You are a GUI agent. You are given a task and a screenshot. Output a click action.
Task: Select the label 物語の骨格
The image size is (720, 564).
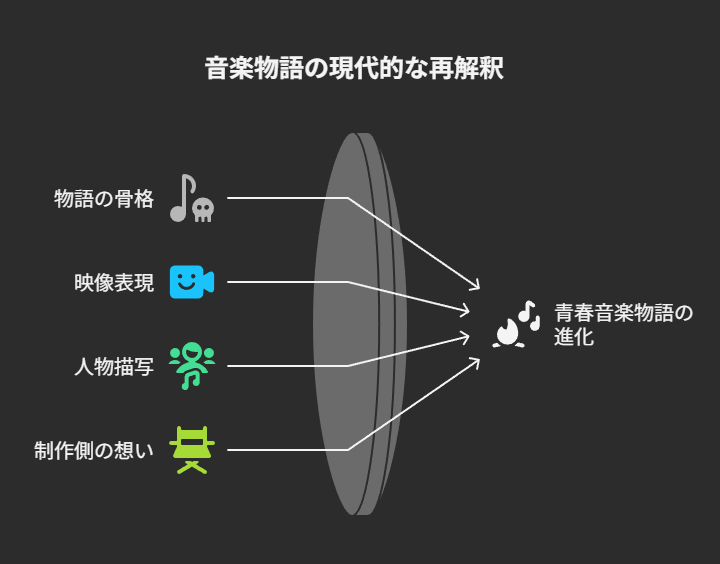tap(104, 198)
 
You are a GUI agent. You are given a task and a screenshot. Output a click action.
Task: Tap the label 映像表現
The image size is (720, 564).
tap(114, 283)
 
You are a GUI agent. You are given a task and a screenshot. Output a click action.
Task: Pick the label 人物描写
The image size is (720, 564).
tap(114, 366)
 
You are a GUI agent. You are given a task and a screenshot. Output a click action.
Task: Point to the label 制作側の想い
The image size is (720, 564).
tap(94, 450)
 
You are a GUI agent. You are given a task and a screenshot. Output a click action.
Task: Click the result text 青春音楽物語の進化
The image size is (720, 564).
tap(623, 325)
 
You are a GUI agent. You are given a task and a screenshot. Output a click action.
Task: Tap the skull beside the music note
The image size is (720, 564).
tap(203, 209)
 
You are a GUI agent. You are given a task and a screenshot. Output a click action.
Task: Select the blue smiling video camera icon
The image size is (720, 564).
tap(191, 282)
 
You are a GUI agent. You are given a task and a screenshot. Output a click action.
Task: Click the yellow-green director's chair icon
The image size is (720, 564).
tap(191, 449)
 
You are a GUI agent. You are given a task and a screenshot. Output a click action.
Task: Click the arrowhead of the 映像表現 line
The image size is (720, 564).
tap(466, 312)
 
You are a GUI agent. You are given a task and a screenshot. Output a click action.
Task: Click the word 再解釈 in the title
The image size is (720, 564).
tap(473, 69)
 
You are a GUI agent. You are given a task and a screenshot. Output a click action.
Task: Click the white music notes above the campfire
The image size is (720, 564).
tap(527, 314)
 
